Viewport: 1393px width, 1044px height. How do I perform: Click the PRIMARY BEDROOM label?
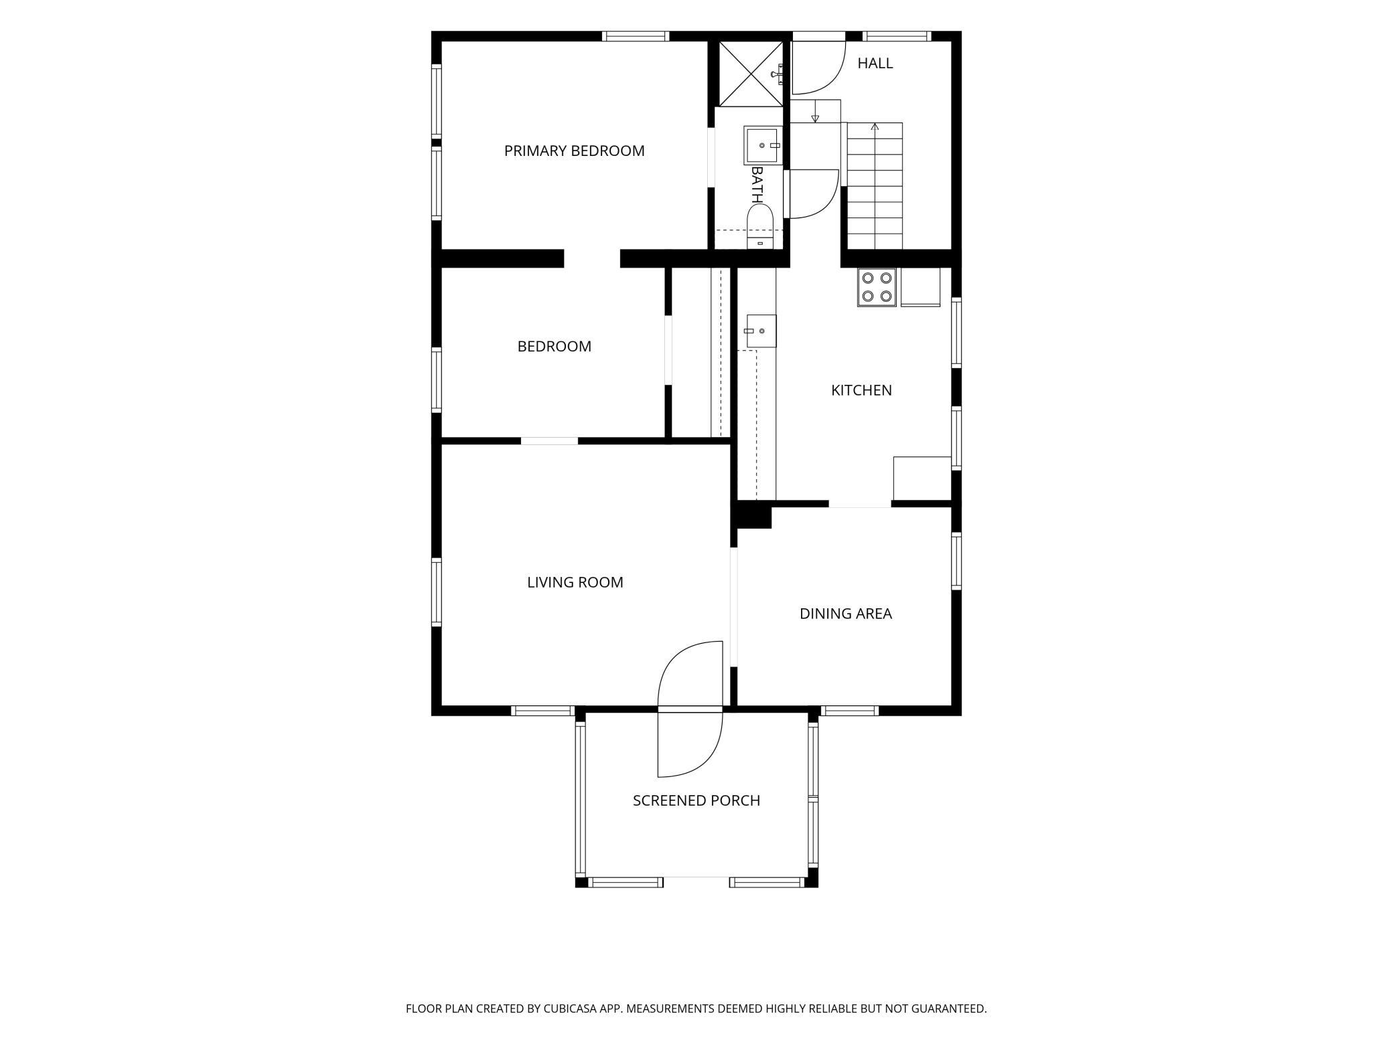point(574,151)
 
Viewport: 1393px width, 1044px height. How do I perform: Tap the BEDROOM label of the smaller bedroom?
point(554,347)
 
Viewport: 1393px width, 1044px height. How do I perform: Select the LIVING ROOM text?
point(575,582)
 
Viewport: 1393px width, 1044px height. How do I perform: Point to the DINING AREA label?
point(845,614)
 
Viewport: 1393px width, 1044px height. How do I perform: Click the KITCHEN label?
point(861,390)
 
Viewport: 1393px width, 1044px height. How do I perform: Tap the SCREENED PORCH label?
point(696,800)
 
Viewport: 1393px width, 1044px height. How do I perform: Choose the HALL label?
point(875,63)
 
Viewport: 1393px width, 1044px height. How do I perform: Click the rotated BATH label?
point(757,185)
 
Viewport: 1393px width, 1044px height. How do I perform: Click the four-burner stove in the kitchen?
point(877,287)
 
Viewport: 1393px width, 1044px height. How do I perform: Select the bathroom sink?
point(763,145)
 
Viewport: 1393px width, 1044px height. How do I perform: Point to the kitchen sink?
point(761,331)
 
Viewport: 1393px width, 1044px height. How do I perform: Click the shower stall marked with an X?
point(751,74)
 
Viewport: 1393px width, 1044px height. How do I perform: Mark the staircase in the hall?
point(875,186)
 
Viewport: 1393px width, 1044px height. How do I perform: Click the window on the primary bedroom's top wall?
point(636,36)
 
